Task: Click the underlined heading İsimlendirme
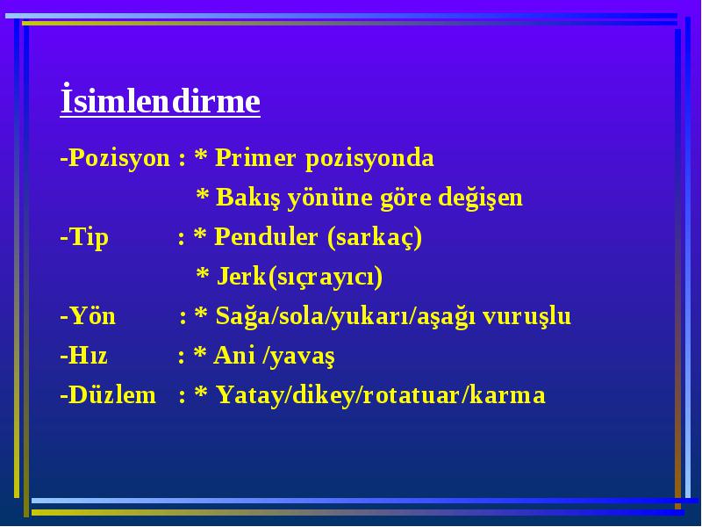161,100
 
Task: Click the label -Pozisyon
115,159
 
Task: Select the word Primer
255,158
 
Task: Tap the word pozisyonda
369,159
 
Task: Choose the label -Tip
84,237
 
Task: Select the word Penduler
266,236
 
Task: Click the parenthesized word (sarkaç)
375,237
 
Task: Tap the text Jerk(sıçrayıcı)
299,277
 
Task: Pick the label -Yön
88,315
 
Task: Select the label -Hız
83,356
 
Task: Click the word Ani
234,356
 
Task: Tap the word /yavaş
298,357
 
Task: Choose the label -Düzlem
108,395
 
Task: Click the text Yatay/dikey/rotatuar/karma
381,396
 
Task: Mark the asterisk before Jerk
203,274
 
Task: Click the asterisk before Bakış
203,195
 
